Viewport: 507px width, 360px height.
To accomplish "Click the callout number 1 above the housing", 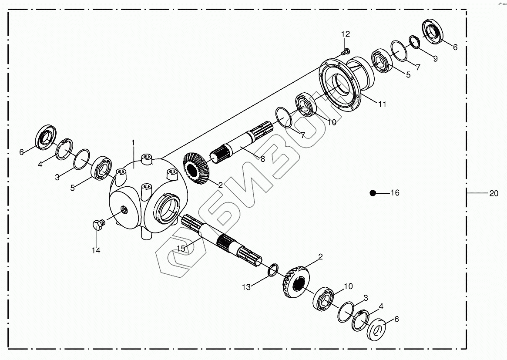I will (134, 142).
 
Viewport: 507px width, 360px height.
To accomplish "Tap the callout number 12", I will (345, 34).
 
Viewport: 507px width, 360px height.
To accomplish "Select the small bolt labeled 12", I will (345, 52).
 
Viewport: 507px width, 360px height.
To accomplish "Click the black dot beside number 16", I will (373, 193).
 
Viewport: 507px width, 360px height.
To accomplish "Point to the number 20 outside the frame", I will (494, 194).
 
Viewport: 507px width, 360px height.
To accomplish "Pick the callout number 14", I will (96, 250).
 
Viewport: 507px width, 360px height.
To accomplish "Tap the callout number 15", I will (181, 249).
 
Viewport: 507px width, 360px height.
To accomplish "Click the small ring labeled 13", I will (272, 270).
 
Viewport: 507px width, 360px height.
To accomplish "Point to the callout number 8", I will (262, 159).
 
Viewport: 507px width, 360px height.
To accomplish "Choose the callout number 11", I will (382, 104).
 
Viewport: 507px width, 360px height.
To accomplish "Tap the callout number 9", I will (435, 58).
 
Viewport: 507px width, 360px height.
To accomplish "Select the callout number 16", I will (394, 193).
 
